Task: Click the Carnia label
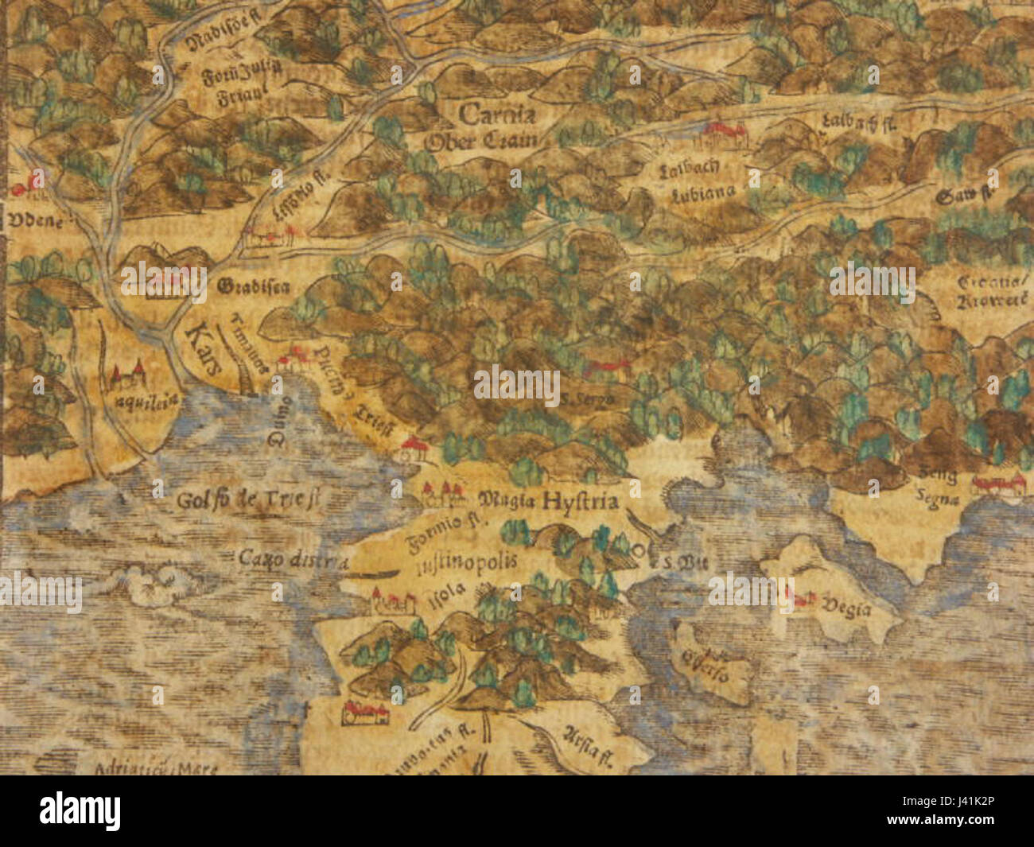pos(497,116)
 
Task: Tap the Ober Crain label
pos(483,142)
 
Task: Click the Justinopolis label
pos(466,561)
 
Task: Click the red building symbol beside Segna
pos(998,483)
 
